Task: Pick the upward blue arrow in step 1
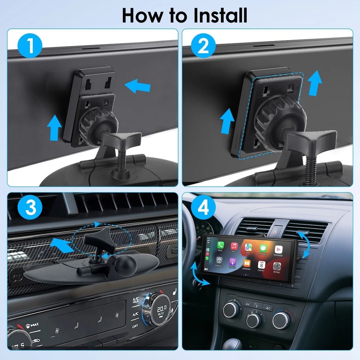tap(54, 126)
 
